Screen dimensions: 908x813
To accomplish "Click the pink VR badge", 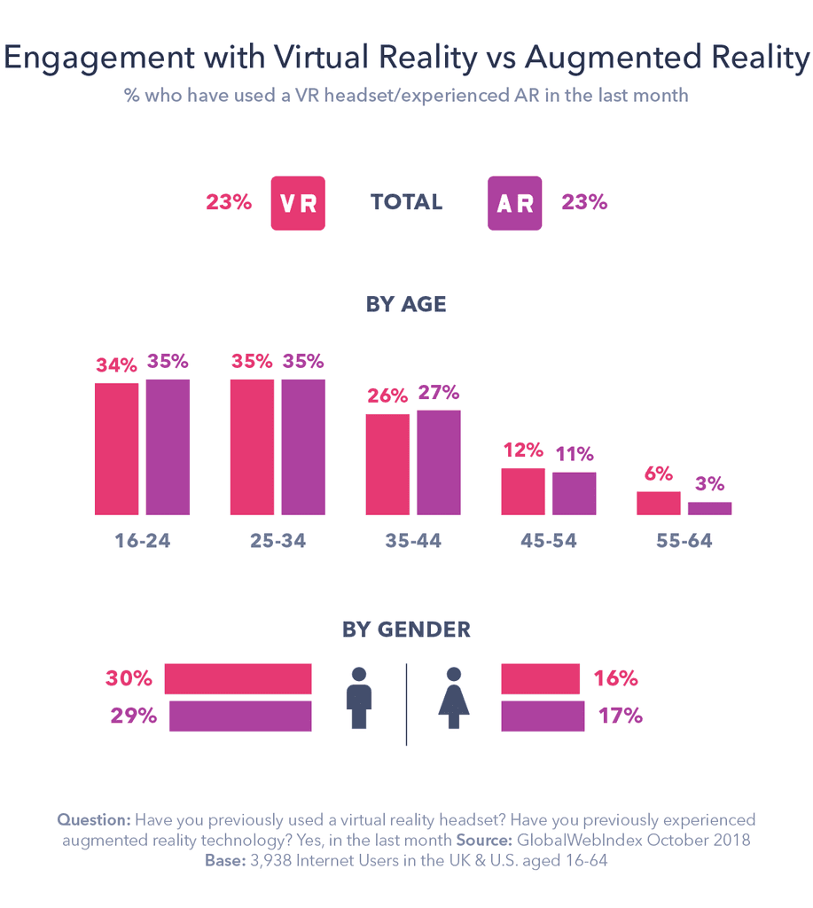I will pos(298,203).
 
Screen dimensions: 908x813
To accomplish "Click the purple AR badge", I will pos(514,203).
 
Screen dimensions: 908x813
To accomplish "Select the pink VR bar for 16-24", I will pos(116,449).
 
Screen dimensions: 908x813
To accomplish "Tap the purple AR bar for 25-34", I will pos(303,447).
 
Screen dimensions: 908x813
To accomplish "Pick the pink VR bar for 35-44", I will pos(387,464).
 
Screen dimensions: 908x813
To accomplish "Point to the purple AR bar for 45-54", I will pos(574,493).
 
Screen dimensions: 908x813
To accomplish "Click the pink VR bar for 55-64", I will pos(658,503).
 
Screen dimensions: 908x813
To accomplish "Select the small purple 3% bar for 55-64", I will pos(709,508).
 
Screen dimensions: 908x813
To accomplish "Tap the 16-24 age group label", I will pos(142,541).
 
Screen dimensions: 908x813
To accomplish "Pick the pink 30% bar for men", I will pos(238,678).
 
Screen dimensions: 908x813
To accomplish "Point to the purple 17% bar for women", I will pos(543,716).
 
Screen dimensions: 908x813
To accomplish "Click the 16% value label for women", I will pos(615,679).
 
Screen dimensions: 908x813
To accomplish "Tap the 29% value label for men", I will pos(133,716).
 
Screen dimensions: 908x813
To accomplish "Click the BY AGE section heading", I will pos(406,304).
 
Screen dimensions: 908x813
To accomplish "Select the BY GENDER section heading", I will pos(406,630).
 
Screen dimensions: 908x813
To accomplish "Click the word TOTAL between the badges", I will pos(406,202).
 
